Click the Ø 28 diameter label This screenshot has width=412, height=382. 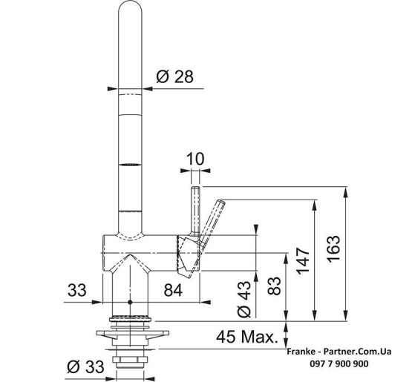point(174,76)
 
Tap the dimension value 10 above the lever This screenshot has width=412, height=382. point(195,159)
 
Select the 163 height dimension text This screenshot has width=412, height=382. point(334,248)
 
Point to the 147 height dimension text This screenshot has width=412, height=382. point(304,260)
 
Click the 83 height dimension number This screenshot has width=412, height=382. point(275,286)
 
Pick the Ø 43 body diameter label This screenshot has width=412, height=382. point(244,299)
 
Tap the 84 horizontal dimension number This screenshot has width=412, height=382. point(173,290)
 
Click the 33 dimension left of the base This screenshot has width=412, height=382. point(77,290)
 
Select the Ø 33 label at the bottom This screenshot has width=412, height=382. point(85,366)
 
